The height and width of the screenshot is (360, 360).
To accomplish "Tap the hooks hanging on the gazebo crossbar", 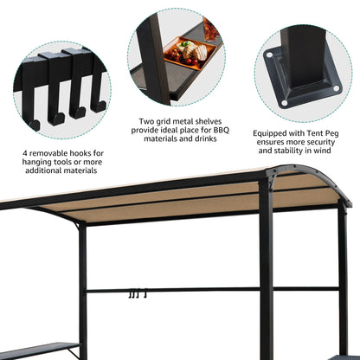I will coord(134,294).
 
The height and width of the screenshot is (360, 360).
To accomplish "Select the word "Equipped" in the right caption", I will coord(272,133).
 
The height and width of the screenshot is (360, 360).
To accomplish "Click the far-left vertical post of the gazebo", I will coord(82,286).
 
